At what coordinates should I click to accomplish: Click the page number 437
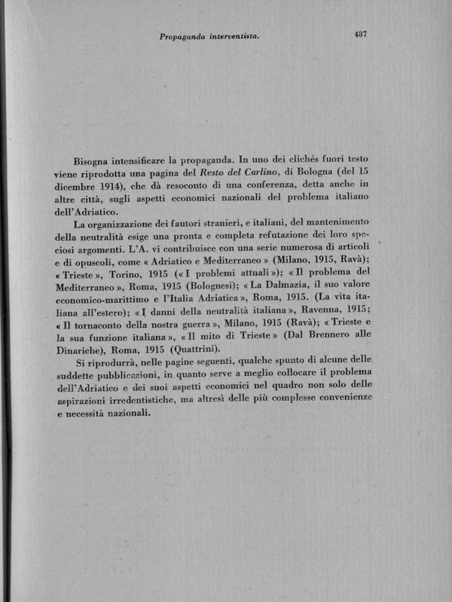click(x=358, y=34)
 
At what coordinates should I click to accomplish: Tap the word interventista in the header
click(x=231, y=35)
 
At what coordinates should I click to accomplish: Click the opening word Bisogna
click(x=95, y=160)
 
